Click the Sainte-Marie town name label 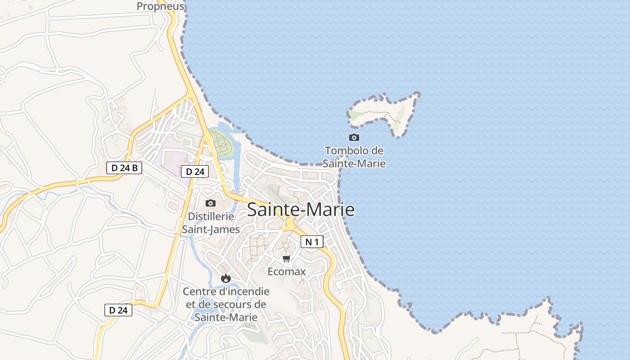click(301, 210)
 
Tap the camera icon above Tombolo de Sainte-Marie click(354, 137)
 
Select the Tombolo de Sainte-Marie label click(354, 157)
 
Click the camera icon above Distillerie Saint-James click(210, 203)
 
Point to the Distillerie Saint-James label click(211, 223)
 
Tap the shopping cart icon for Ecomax click(286, 258)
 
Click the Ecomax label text click(287, 272)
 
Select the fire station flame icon click(225, 279)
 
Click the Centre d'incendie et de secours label click(226, 304)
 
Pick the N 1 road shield click(312, 242)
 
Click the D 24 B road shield click(124, 168)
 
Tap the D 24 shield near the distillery click(195, 171)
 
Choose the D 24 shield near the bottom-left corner click(118, 310)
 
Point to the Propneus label click(161, 6)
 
